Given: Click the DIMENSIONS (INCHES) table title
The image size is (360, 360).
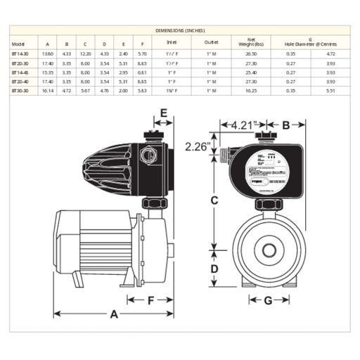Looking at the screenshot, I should (180, 32).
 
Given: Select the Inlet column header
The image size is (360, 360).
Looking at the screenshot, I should (181, 41).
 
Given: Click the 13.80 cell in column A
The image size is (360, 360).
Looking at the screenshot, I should (49, 53).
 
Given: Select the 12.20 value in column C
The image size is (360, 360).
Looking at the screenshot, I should (85, 53).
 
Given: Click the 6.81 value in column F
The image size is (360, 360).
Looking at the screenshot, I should (142, 72).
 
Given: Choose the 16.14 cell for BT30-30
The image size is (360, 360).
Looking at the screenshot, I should (49, 91).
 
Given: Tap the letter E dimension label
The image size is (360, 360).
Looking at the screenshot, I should (163, 112).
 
